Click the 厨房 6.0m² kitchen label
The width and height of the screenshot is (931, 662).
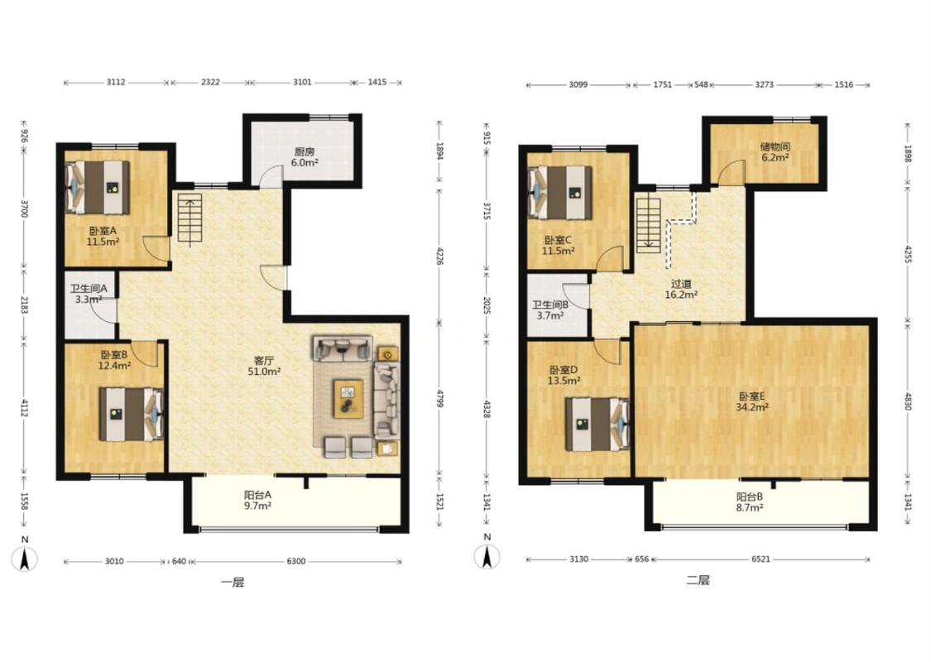[305, 157]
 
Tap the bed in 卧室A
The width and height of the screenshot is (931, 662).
[98, 187]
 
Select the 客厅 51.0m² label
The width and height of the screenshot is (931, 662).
[264, 367]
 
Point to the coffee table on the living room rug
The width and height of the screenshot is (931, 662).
[348, 399]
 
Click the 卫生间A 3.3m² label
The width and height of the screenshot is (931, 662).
[89, 295]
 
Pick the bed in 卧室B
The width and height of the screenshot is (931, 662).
[131, 414]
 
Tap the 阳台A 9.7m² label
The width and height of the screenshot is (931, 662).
[257, 500]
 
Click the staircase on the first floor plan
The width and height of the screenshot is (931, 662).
[190, 218]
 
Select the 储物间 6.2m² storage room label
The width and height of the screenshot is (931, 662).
[775, 152]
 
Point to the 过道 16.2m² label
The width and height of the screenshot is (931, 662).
[680, 289]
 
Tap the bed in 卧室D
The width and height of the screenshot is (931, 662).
[597, 424]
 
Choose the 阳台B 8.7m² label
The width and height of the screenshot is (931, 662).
[749, 502]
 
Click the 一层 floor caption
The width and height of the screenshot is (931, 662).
[233, 583]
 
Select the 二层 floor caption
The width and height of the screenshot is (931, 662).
[698, 580]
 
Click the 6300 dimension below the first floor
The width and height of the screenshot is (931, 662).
[295, 561]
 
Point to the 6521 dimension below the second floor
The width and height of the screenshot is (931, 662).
[760, 559]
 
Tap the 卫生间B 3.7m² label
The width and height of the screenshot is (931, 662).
[550, 310]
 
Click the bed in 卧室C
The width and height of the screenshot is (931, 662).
[560, 192]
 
